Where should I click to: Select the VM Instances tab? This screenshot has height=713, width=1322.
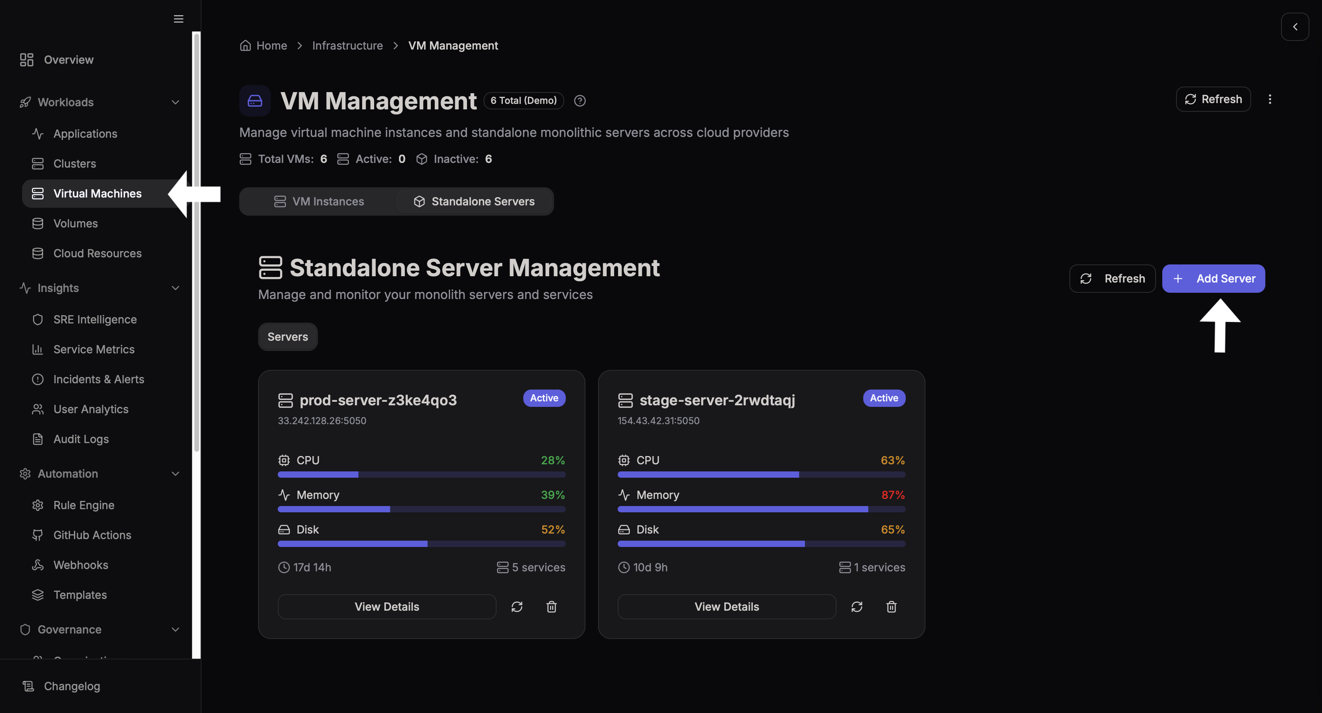pyautogui.click(x=319, y=201)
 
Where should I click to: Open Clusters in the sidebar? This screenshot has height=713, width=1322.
pyautogui.click(x=74, y=164)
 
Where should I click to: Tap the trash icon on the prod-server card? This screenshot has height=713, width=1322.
pyautogui.click(x=551, y=607)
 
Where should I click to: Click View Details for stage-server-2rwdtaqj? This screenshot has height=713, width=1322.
pyautogui.click(x=726, y=607)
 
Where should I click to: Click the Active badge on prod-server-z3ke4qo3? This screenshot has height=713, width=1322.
pyautogui.click(x=544, y=398)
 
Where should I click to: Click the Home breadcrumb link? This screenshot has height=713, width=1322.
pyautogui.click(x=271, y=46)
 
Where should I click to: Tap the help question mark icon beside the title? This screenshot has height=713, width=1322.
pyautogui.click(x=580, y=101)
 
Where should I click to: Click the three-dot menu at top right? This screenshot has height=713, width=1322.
pyautogui.click(x=1270, y=99)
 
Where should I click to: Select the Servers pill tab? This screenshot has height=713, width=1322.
pyautogui.click(x=287, y=337)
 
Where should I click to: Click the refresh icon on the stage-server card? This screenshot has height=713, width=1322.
pyautogui.click(x=857, y=607)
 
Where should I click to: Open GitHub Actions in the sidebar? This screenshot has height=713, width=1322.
pyautogui.click(x=92, y=535)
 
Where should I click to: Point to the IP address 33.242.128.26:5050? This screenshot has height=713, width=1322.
pyautogui.click(x=322, y=420)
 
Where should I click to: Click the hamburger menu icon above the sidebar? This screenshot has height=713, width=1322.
pyautogui.click(x=179, y=19)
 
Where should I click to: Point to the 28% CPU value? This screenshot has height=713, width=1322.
pyautogui.click(x=553, y=460)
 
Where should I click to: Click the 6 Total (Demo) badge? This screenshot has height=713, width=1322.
pyautogui.click(x=523, y=101)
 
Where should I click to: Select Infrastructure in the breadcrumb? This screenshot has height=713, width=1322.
pyautogui.click(x=347, y=46)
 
